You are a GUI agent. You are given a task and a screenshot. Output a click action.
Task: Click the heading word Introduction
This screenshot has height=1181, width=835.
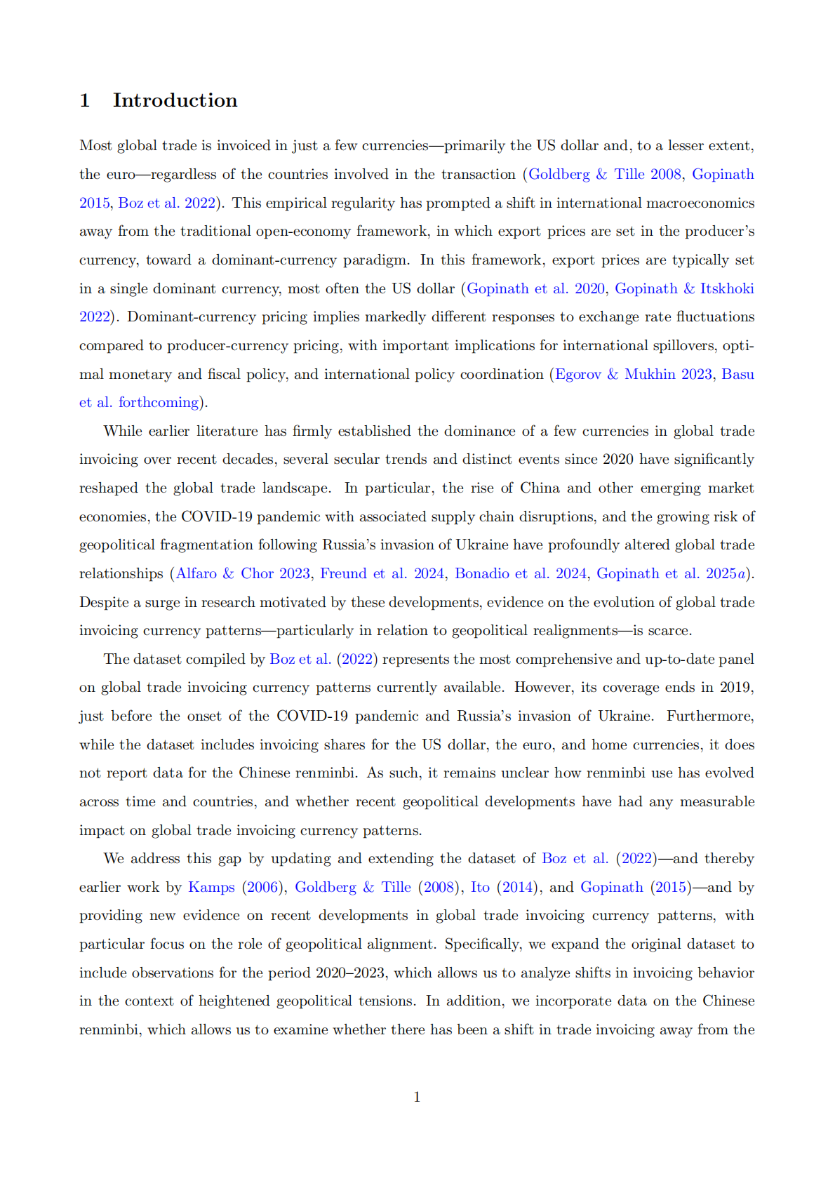pyautogui.click(x=175, y=100)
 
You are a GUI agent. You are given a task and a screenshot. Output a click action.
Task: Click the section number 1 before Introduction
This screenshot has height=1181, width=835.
pyautogui.click(x=85, y=100)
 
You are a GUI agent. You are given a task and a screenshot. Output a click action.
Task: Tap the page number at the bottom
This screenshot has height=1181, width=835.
pyautogui.click(x=417, y=1097)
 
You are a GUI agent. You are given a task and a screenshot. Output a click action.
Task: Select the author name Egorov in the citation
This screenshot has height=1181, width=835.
pyautogui.click(x=577, y=374)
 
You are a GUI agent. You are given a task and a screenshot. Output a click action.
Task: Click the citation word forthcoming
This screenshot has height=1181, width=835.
pyautogui.click(x=159, y=402)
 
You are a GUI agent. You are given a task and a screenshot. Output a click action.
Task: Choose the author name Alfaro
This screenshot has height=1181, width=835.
pyautogui.click(x=196, y=573)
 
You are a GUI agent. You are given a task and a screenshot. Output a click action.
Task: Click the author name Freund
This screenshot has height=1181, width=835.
pyautogui.click(x=343, y=573)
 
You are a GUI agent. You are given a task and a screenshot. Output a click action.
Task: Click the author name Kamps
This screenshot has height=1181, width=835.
pyautogui.click(x=211, y=887)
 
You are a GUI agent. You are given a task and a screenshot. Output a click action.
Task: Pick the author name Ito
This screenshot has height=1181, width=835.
pyautogui.click(x=480, y=887)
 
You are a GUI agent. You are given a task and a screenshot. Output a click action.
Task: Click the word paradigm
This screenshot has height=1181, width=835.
pyautogui.click(x=375, y=260)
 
